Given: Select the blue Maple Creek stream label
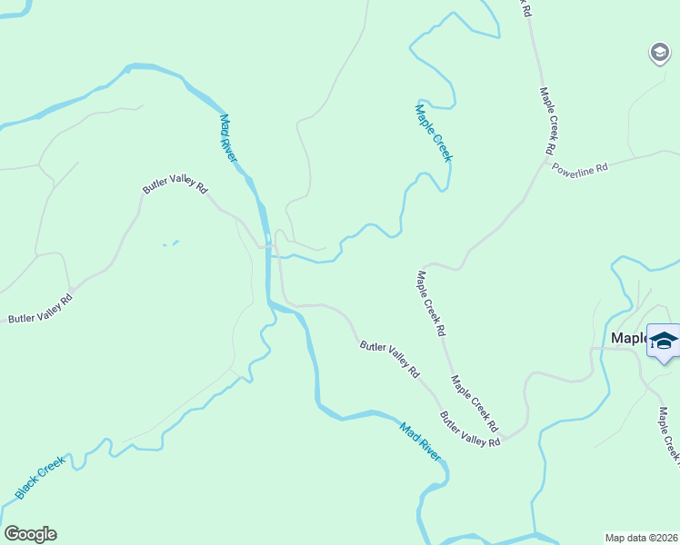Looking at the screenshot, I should point(433,133).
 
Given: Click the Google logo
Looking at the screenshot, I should point(30,534).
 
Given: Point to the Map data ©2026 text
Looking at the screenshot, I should point(641,537).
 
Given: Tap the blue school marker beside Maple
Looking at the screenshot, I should point(663,341).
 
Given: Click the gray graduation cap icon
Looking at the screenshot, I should point(659,54).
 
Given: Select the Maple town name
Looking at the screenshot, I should point(627,338).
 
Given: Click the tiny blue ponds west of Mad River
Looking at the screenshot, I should point(170,243).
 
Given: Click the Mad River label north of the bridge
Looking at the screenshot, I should point(227,138).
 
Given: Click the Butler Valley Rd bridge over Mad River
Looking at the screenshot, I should point(270,246).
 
